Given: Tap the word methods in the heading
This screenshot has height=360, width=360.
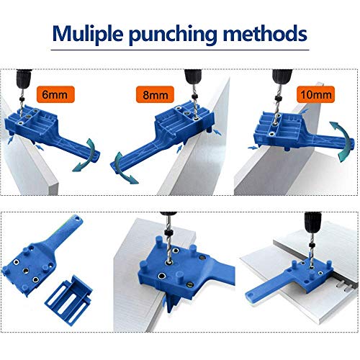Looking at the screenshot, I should (267, 34).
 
